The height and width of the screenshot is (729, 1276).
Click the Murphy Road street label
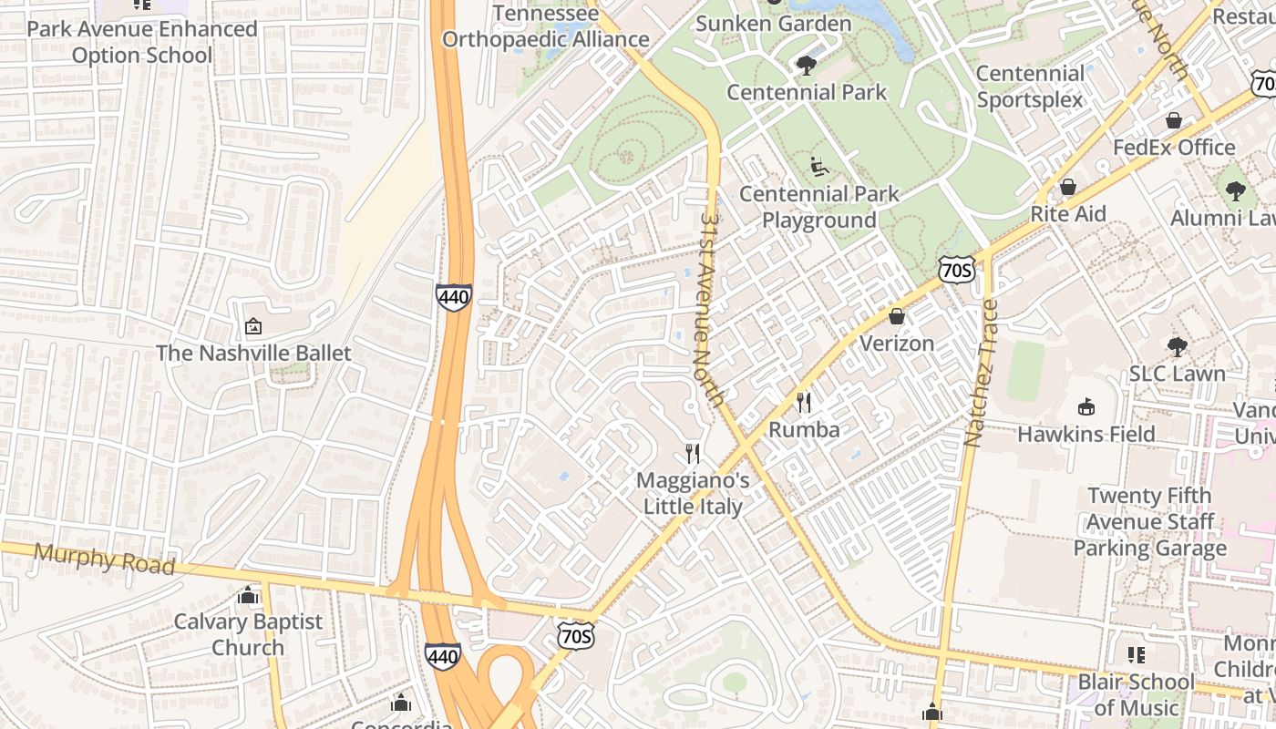(104, 558)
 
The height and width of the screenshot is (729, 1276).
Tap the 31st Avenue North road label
(715, 310)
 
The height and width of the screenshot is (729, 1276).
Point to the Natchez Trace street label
(982, 373)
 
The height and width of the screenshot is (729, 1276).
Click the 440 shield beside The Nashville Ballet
(453, 297)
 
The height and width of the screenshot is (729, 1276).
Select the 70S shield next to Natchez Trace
(956, 270)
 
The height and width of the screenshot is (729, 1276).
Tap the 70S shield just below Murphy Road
(576, 635)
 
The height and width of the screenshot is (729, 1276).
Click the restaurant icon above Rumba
(804, 402)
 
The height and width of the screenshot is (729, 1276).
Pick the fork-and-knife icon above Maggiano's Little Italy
(693, 453)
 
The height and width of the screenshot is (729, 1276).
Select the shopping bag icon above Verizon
(897, 316)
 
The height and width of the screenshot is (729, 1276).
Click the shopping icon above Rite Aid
(1067, 187)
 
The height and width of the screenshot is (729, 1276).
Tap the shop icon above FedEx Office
(1174, 120)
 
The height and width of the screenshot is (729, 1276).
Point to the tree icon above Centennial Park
(806, 65)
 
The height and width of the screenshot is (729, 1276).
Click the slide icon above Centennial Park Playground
(818, 167)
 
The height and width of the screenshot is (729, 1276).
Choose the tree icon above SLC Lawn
(1177, 346)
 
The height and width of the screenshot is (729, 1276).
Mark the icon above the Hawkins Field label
(1086, 406)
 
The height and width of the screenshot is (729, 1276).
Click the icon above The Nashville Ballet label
(253, 326)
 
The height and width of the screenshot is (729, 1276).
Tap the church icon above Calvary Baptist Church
(248, 596)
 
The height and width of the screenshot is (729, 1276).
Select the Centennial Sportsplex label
(1030, 87)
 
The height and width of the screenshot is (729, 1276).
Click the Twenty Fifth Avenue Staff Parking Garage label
(1149, 522)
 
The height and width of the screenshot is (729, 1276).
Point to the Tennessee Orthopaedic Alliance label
(546, 26)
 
